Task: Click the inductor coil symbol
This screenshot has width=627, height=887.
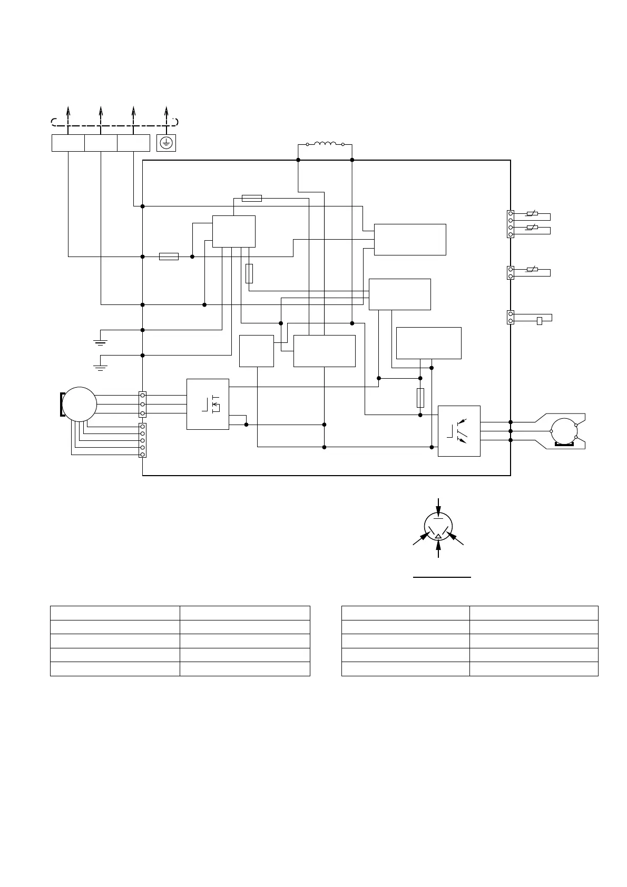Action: coord(325,143)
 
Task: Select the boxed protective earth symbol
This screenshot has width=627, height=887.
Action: coord(166,143)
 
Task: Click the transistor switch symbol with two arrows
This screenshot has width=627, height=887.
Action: coord(458,430)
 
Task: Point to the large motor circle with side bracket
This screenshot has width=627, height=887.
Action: coord(79,404)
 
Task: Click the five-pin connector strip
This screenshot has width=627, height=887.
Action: coord(142,440)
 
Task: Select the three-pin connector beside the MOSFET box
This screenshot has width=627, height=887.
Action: coord(142,404)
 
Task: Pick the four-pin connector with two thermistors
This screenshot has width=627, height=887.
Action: coord(511,224)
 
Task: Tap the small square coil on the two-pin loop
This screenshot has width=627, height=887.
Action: coord(539,321)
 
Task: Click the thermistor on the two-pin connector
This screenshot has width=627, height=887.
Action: coord(532,270)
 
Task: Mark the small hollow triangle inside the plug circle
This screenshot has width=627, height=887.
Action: coord(438,536)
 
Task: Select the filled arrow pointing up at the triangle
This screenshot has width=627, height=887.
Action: coord(438,548)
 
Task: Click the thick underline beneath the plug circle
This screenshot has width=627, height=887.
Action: coord(442,578)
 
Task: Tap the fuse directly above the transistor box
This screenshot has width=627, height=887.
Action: coord(420,398)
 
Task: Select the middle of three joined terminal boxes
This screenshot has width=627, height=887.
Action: coord(101,143)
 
